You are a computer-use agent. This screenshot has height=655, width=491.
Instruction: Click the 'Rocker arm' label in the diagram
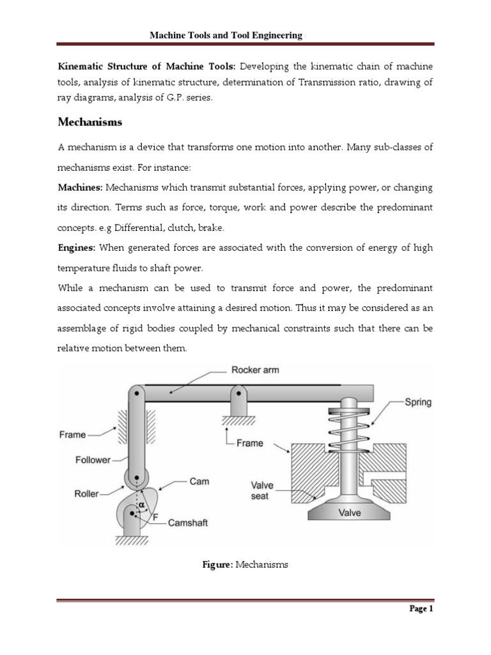click(255, 370)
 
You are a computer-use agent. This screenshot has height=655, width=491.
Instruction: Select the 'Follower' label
click(93, 459)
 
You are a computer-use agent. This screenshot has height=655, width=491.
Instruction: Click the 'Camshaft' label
click(188, 523)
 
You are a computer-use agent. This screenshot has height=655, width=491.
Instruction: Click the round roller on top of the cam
click(136, 478)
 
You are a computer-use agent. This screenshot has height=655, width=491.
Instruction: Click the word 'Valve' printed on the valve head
click(348, 513)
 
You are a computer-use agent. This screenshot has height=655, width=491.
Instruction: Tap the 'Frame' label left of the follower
click(72, 434)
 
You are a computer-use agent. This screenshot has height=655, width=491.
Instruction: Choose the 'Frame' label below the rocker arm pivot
click(249, 443)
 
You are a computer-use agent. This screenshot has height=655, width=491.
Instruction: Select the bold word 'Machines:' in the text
click(81, 187)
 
